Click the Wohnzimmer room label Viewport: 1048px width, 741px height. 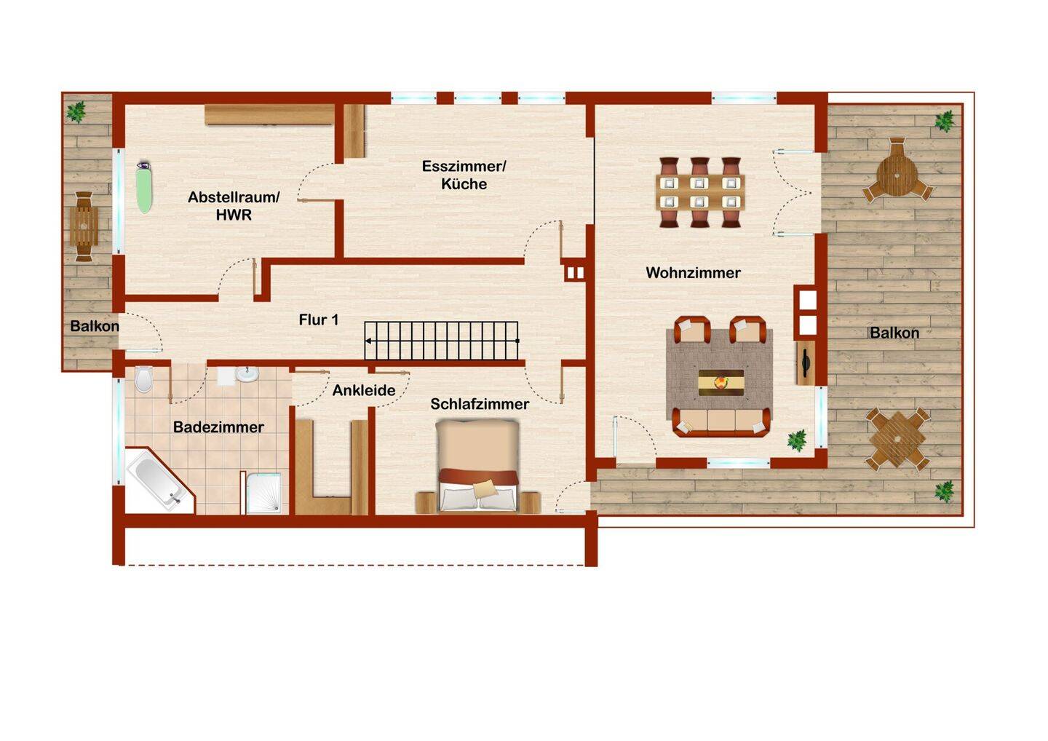point(693,273)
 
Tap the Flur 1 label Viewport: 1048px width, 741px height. point(319,320)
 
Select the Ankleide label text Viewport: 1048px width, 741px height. point(364,390)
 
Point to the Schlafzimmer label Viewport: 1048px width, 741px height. point(480,404)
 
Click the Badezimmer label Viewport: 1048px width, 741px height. point(218,427)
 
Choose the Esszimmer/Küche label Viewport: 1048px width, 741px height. point(464,175)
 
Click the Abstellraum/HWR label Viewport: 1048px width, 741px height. point(234,206)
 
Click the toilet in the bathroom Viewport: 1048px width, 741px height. point(143,379)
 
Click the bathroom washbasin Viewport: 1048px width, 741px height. point(247,373)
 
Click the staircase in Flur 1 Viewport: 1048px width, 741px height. point(441,341)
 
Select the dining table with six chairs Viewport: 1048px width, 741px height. point(700,192)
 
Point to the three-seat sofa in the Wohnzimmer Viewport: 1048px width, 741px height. point(721,422)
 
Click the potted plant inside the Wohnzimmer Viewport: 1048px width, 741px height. point(796,440)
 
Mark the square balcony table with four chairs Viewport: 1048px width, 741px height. point(897,439)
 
